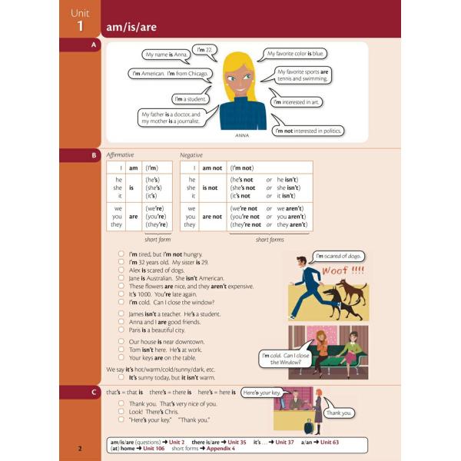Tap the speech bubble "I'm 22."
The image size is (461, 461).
(x=204, y=50)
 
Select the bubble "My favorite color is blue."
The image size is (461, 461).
(x=295, y=54)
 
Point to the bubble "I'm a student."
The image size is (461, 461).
(x=189, y=98)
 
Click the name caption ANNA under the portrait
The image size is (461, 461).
(x=243, y=138)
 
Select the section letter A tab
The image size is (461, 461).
(x=94, y=46)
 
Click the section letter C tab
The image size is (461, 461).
(x=94, y=393)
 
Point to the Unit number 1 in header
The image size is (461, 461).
(x=80, y=27)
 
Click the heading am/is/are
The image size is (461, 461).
(x=128, y=28)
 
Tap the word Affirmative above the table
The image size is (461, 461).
(x=120, y=155)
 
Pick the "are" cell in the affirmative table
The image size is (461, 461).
(x=132, y=216)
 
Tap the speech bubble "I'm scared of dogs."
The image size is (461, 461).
(x=339, y=256)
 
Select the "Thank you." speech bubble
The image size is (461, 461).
(x=338, y=413)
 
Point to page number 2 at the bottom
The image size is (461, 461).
(x=80, y=448)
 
